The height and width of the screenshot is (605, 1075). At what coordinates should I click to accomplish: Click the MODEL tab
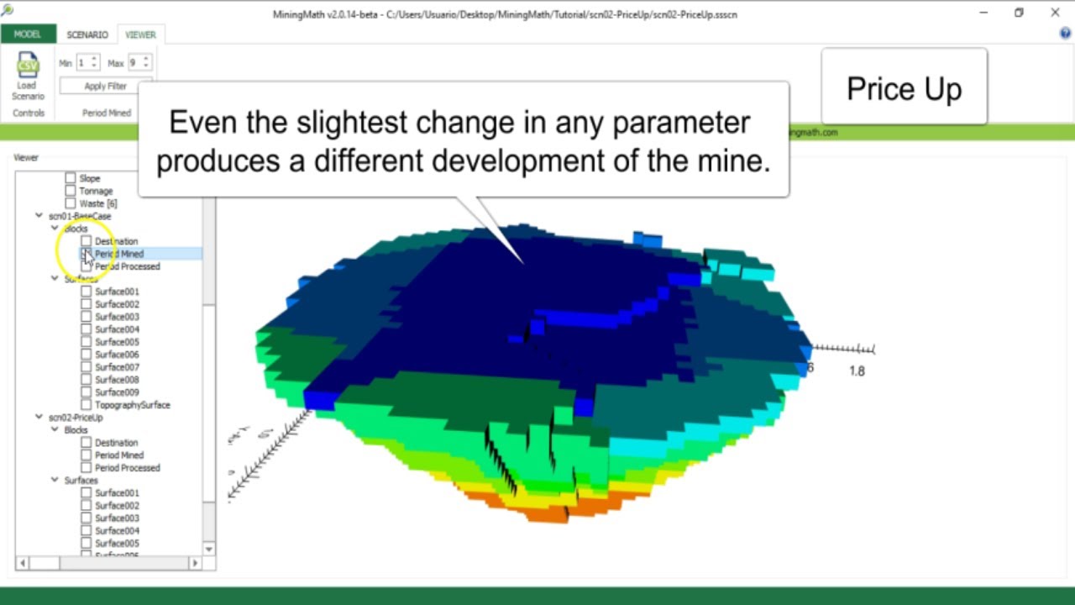tap(28, 34)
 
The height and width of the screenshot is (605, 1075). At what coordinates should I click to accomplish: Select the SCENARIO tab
tap(87, 34)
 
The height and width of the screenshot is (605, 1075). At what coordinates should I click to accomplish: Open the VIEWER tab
tap(140, 34)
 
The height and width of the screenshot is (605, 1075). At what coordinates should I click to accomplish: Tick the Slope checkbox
tap(71, 178)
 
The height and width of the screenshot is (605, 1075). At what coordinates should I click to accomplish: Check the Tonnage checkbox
tap(71, 191)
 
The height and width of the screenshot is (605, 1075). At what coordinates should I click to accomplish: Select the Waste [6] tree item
tap(97, 203)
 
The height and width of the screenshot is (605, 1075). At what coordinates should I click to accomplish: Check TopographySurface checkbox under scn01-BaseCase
tap(86, 405)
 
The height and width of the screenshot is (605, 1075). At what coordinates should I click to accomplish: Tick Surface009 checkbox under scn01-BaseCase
tap(86, 392)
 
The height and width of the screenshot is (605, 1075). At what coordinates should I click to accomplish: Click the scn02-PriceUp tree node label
tap(76, 418)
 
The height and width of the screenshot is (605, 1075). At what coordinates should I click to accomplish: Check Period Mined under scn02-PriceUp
tap(86, 455)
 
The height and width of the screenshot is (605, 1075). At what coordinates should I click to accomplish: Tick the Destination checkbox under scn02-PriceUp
tap(86, 443)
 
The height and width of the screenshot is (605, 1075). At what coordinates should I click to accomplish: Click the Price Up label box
tap(904, 88)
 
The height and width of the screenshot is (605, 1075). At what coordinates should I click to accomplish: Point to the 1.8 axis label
tap(857, 371)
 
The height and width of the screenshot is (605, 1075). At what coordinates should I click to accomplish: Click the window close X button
tap(1055, 13)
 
